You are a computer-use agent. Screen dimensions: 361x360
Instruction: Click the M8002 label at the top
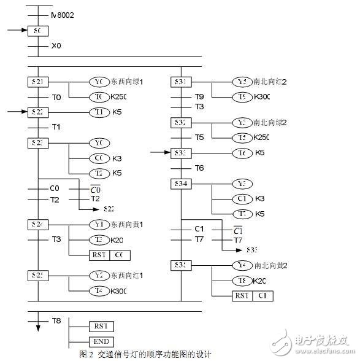(62, 14)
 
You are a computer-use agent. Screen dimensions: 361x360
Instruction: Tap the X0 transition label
(56, 45)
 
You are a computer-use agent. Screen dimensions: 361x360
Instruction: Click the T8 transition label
(56, 321)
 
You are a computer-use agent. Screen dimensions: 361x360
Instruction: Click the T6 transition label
(199, 168)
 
